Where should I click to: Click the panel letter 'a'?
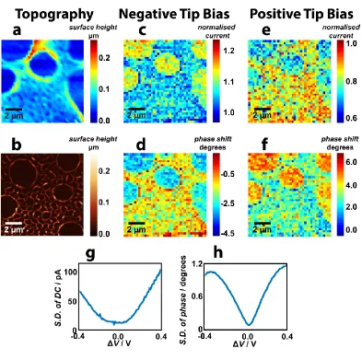pos(18,30)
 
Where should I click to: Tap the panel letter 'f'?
pos(264,144)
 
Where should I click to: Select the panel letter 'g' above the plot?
pos(90,254)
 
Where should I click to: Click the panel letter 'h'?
pos(217,252)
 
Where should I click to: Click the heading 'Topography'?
pos(54,14)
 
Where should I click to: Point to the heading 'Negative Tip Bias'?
pos(174,14)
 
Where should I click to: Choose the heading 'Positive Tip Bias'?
pos(301,14)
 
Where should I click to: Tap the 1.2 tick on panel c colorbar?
pos(228,51)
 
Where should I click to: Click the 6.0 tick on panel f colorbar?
pos(351,162)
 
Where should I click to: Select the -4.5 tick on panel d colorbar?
pos(228,233)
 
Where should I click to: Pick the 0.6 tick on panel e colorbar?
pos(351,118)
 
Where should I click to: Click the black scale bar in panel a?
pos(14,110)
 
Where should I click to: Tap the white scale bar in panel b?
pos(14,223)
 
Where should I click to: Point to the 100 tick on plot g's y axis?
pos(70,273)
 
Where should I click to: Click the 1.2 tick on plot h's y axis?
pos(196,264)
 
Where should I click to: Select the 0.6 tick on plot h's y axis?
pos(196,296)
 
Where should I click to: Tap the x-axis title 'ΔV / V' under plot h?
pos(244,343)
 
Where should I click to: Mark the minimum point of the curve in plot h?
pos(249,324)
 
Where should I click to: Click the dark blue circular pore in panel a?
pos(43,65)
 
